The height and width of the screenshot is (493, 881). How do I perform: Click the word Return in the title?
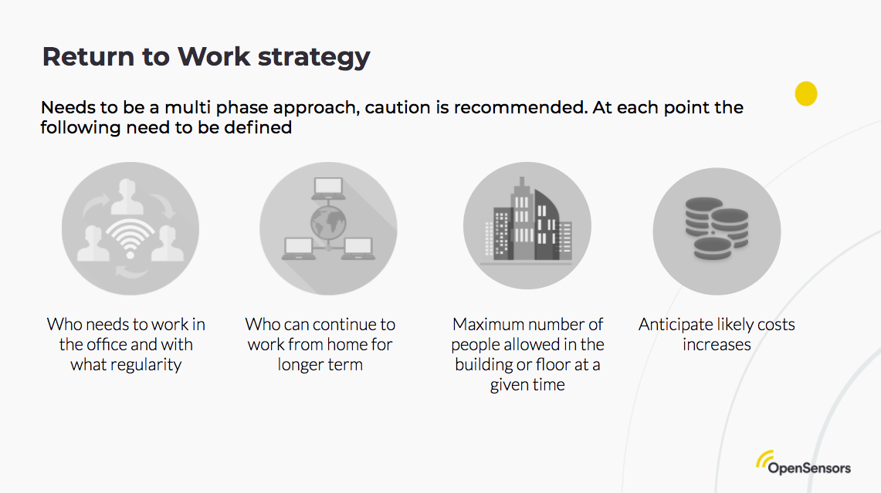[x=82, y=56]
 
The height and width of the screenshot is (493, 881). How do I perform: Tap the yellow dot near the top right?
[x=806, y=94]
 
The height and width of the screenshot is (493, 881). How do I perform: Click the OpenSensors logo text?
[x=809, y=468]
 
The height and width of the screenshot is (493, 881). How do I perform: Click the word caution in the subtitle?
[x=398, y=108]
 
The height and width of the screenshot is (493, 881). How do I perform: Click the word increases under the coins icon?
[x=717, y=345]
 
